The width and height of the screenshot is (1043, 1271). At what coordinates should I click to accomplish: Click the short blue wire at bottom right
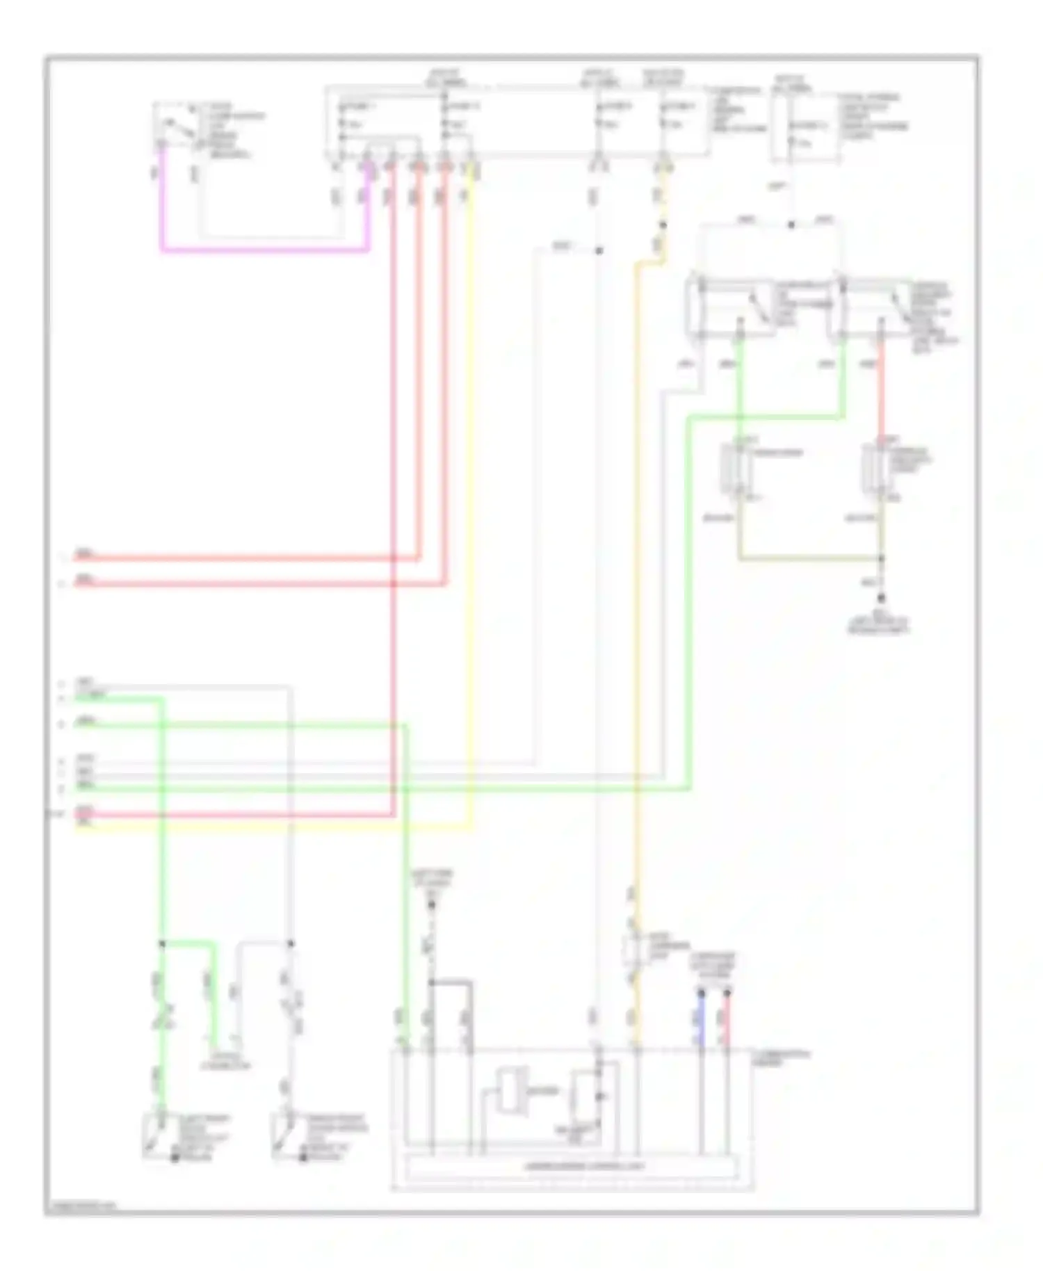click(701, 1019)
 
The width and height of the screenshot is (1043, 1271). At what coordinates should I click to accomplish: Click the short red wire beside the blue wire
click(727, 1019)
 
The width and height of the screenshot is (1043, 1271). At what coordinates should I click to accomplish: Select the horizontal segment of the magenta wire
click(264, 250)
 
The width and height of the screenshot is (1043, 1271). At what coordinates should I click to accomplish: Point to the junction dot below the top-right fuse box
click(791, 225)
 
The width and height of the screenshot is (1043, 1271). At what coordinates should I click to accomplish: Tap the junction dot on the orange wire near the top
click(663, 225)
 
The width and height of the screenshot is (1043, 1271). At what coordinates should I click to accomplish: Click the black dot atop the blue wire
click(701, 994)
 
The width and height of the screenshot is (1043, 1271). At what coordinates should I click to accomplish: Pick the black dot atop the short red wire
click(727, 994)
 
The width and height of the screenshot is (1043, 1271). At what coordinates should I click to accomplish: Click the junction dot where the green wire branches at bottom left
click(162, 944)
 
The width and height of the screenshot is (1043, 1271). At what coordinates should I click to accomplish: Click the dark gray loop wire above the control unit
click(452, 982)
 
